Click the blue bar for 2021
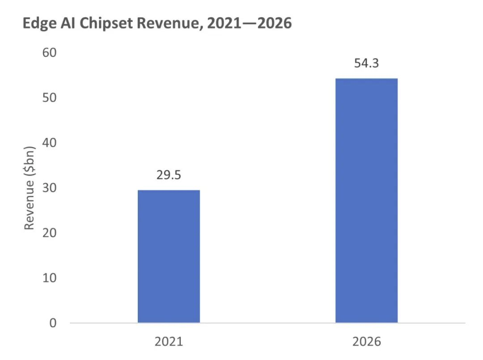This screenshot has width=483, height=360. pos(169,256)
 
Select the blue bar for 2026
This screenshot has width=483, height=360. pos(366,200)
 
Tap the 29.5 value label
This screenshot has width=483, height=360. pos(169,175)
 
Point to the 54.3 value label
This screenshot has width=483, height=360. pos(366,63)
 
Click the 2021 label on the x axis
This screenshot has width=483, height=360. pos(169,342)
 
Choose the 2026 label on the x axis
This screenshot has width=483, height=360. pos(366,342)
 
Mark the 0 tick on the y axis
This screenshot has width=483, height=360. pos(53,323)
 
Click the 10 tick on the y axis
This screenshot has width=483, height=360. pos(50,278)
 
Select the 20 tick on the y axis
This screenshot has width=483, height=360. pos(50,233)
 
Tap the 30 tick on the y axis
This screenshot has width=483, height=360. pos(50,188)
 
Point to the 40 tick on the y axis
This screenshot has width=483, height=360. pos(50,143)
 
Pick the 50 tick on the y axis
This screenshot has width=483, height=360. pos(50,97)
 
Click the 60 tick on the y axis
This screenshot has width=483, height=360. pos(50,53)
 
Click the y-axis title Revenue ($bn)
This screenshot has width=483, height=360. pos(30,188)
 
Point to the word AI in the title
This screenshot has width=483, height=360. pos(68,23)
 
